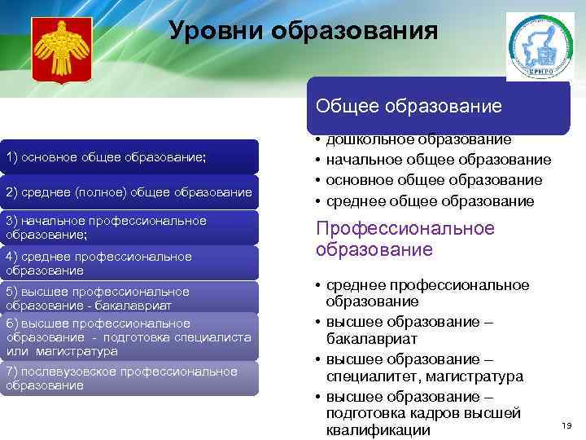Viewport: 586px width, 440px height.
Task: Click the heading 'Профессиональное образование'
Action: click(x=405, y=239)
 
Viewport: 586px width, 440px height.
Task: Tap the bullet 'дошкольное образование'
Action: click(x=418, y=141)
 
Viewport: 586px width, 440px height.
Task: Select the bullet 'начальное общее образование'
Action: click(x=438, y=161)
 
